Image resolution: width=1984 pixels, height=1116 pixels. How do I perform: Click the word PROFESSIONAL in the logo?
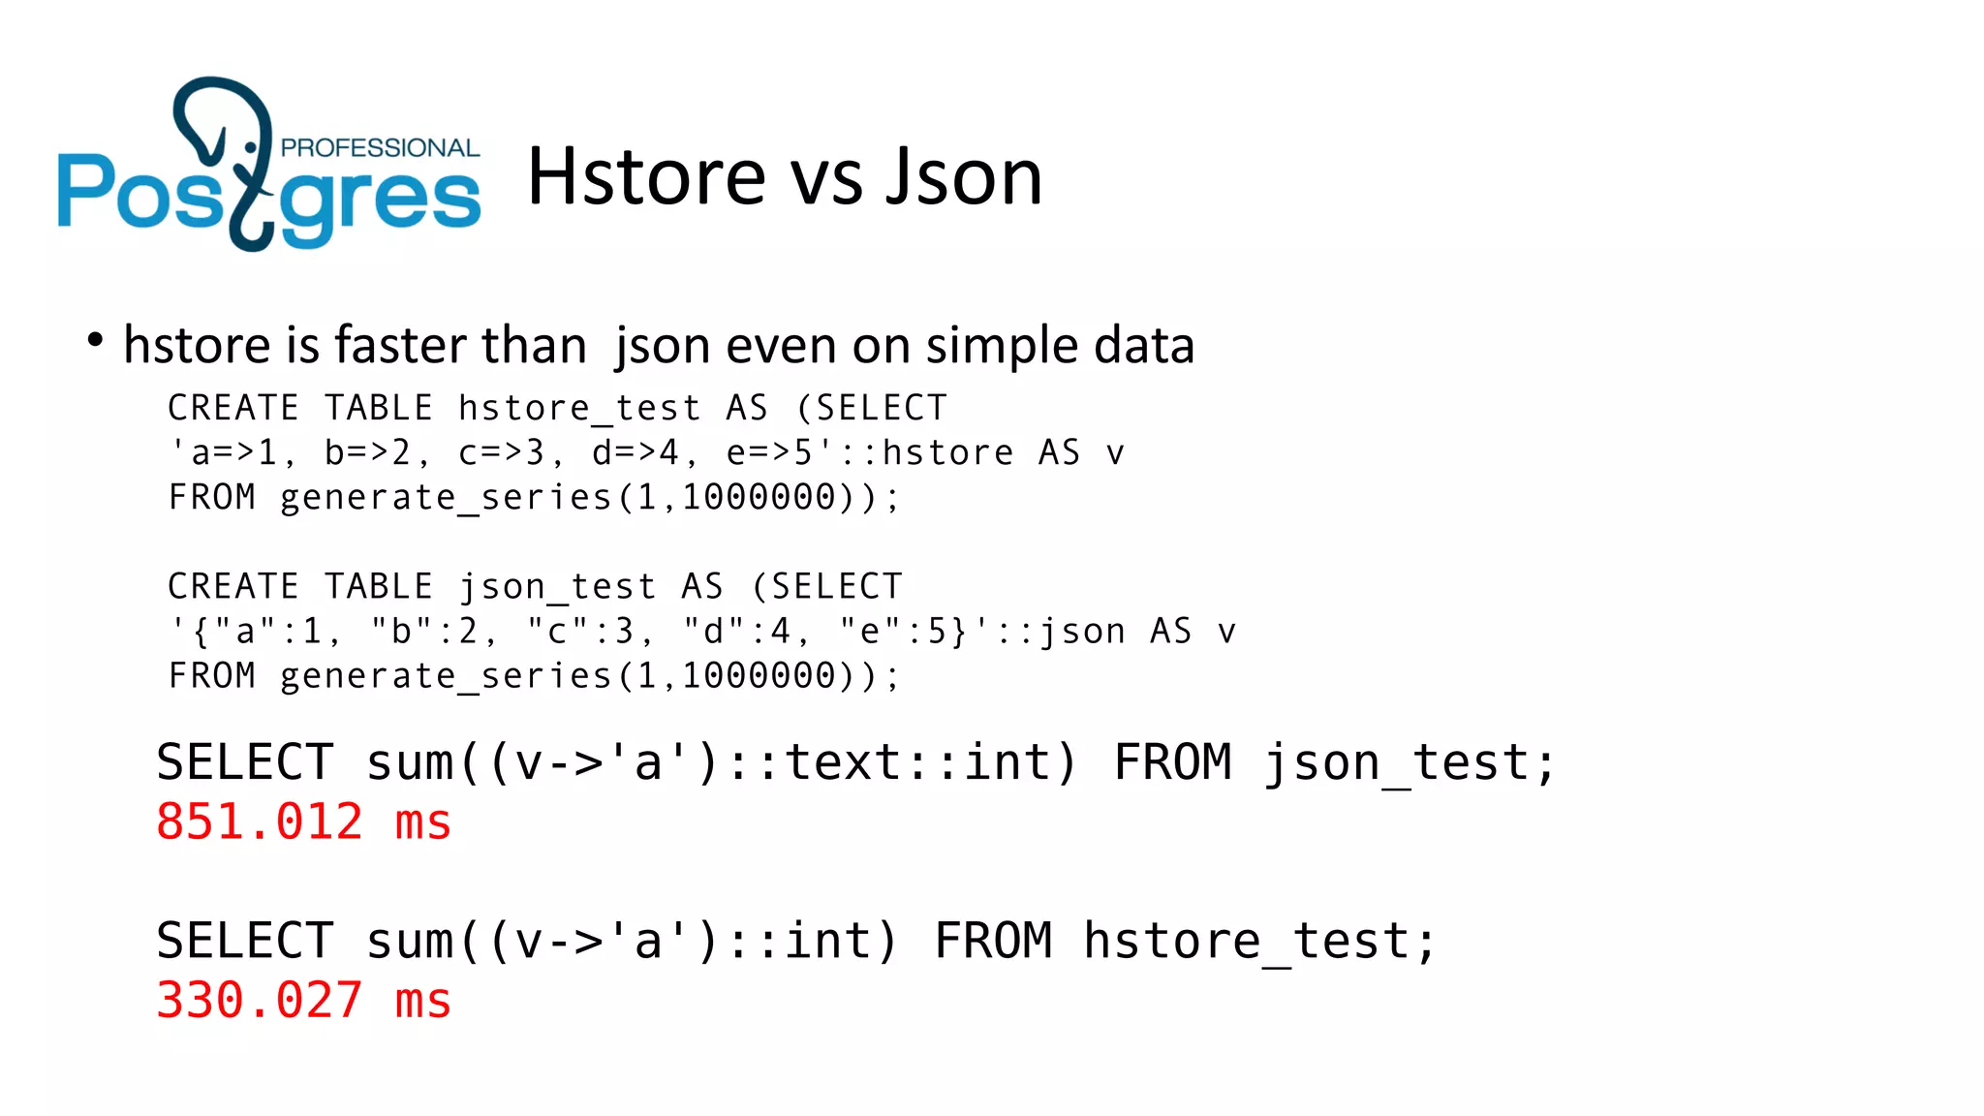coord(380,148)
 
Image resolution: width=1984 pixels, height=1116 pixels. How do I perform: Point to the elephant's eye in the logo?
coord(251,147)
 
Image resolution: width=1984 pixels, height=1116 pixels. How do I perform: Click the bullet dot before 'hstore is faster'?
coord(95,340)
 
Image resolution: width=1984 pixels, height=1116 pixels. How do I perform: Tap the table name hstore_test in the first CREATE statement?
coord(579,409)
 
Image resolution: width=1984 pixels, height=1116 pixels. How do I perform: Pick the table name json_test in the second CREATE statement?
coord(557,587)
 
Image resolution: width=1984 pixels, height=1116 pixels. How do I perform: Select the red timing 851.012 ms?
coord(303,822)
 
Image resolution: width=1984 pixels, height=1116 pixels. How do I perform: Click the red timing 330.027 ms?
coord(303,1001)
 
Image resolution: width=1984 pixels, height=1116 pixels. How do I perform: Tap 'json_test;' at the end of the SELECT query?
coord(1410,763)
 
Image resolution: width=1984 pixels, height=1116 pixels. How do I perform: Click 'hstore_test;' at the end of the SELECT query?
coord(1259,942)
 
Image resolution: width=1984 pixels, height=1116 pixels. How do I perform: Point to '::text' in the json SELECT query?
coord(828,763)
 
